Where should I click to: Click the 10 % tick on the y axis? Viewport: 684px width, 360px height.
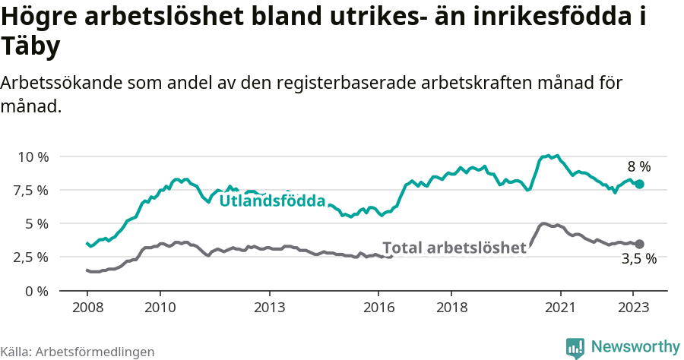pos(33,156)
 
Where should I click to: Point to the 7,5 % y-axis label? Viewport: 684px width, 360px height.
pos(30,190)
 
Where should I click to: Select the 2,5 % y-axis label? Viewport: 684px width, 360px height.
pos(30,257)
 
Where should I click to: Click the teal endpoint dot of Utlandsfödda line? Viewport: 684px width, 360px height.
pos(639,184)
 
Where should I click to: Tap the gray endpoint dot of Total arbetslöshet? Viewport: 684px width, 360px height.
pos(639,244)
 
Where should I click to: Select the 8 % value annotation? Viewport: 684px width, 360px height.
pos(638,166)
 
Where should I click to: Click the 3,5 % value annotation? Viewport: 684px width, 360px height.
pos(638,259)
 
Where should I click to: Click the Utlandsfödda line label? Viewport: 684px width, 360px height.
pos(272,201)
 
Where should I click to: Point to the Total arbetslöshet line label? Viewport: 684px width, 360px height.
pos(454,248)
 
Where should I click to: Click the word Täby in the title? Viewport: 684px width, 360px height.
pos(30,47)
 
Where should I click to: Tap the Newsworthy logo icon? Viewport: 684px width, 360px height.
pos(575,347)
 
